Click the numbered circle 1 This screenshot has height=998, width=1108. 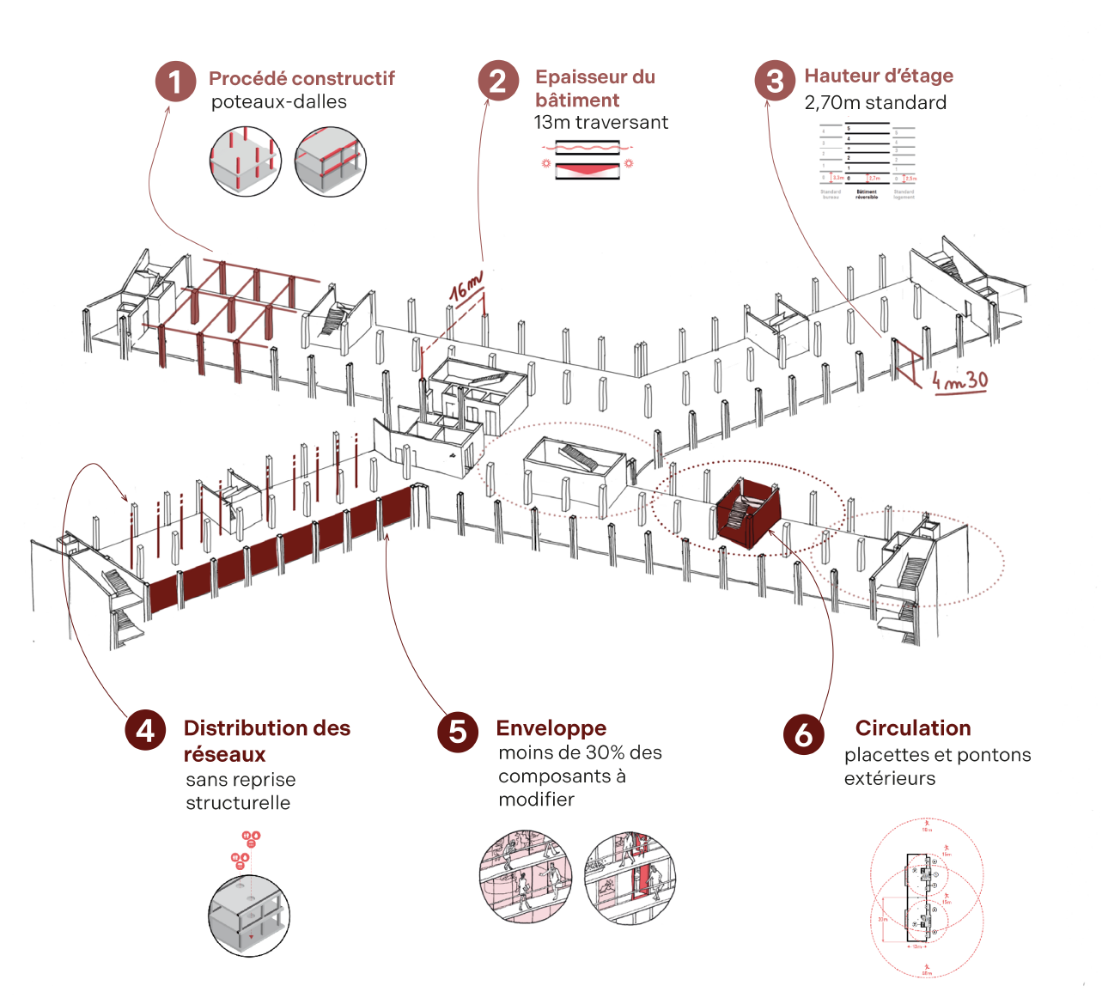tap(175, 82)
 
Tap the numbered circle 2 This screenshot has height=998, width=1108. tap(498, 81)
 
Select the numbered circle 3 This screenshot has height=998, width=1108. tap(775, 81)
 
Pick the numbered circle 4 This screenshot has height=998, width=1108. tap(146, 730)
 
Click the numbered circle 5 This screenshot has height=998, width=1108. tap(458, 732)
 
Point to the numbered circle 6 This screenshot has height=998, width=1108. tap(803, 734)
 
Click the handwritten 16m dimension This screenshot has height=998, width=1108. tap(466, 285)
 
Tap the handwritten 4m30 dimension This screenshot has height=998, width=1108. tap(960, 380)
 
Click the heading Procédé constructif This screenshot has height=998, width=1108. tap(301, 78)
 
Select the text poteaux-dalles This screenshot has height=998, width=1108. tap(279, 101)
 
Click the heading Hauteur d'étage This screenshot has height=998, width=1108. tap(879, 76)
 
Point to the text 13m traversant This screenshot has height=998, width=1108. tap(600, 122)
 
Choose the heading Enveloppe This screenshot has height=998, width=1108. tap(551, 728)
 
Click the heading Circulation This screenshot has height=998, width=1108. tap(913, 727)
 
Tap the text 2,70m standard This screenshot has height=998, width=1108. tap(875, 102)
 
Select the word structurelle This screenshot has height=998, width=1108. tap(238, 802)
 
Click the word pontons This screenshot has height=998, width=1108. tap(992, 755)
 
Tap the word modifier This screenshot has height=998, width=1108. tap(536, 799)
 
